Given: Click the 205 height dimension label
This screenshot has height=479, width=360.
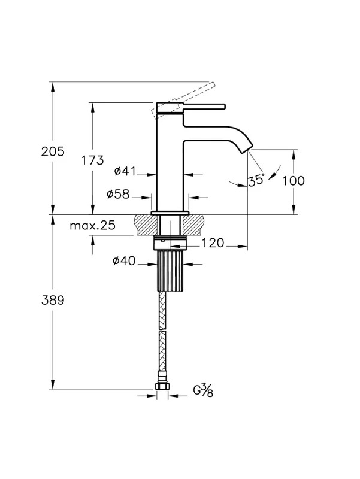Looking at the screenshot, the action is [53, 151].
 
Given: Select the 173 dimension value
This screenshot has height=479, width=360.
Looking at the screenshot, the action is [93, 160].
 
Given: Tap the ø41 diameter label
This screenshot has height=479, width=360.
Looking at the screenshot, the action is [125, 171].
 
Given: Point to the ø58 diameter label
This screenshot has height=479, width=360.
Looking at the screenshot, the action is [118, 194].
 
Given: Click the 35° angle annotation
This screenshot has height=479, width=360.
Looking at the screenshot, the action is [256, 180].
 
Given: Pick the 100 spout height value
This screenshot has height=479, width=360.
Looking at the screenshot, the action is [293, 181].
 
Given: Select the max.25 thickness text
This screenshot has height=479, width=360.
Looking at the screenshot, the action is [93, 226].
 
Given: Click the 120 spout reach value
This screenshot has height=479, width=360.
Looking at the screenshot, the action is [213, 244].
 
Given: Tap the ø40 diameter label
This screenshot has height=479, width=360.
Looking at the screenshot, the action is [124, 261].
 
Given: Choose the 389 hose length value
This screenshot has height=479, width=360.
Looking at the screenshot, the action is [53, 301].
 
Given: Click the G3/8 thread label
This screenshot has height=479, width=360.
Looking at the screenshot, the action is [203, 391].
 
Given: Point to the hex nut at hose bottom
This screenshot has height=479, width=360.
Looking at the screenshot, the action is [162, 386].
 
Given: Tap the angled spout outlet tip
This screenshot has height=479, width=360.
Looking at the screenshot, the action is [247, 149].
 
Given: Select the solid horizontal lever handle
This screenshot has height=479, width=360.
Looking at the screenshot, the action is [204, 107].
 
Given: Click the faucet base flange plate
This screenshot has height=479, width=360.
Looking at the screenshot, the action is [170, 213].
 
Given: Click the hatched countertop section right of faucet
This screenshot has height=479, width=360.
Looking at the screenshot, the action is [193, 225].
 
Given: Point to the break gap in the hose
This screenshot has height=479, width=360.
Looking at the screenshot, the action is [162, 331].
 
